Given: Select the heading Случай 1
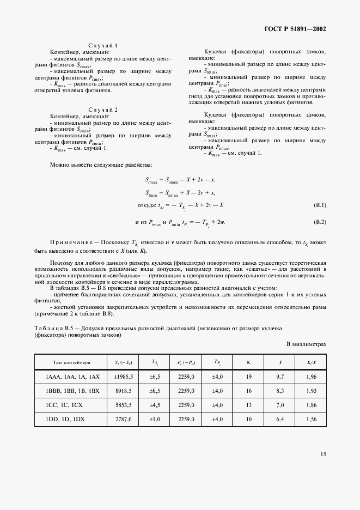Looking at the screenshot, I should (x=103, y=45).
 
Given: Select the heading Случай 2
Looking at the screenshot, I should (x=103, y=110).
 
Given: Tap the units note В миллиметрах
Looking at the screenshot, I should (x=306, y=344).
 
